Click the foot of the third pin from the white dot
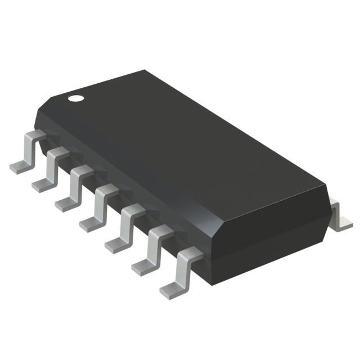tap(66, 203)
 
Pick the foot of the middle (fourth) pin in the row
tap(91, 224)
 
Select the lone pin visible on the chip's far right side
tap(339, 217)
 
